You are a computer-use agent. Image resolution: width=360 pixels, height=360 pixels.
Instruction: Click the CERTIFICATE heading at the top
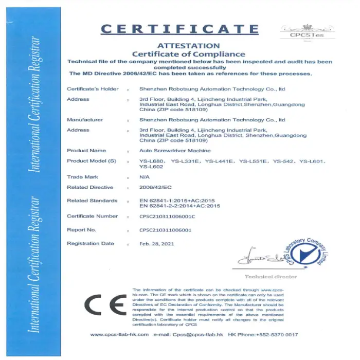click(x=180, y=29)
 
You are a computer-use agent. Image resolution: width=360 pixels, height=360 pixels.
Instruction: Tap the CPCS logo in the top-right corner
click(x=307, y=32)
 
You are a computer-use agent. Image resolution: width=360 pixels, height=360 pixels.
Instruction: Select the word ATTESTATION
click(x=188, y=46)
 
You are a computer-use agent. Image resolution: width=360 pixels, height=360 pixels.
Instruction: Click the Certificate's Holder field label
click(x=93, y=89)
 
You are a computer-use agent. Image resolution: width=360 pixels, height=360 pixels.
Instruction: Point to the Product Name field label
click(x=86, y=151)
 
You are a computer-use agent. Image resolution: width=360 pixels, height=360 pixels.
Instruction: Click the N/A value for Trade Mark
click(x=144, y=177)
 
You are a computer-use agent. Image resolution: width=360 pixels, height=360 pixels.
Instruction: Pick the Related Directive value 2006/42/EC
click(x=152, y=188)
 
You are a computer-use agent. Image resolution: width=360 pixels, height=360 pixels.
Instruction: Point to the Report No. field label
click(x=81, y=230)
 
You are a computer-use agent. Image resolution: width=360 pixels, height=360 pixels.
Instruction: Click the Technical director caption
click(x=278, y=277)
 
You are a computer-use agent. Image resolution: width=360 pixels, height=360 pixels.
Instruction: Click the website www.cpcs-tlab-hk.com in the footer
click(x=119, y=335)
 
